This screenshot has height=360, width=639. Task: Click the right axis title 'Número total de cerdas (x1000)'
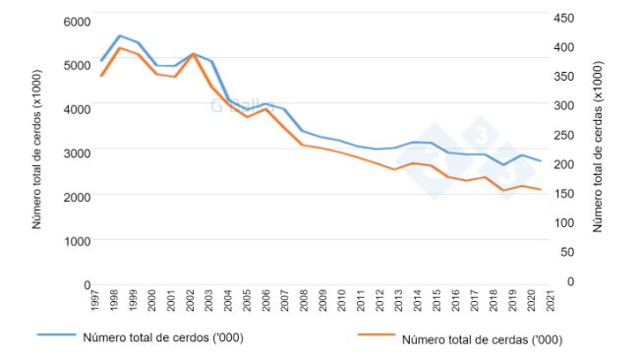(598, 147)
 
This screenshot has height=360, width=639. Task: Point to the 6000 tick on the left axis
(76, 21)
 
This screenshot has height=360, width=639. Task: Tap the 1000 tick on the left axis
(76, 240)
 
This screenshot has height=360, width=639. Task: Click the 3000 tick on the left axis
(76, 152)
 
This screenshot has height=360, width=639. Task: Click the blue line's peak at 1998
(119, 35)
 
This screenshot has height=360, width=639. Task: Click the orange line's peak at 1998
(119, 47)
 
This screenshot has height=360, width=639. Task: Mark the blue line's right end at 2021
(541, 160)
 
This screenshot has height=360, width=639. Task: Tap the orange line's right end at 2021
(541, 189)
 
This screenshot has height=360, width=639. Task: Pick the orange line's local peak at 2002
(194, 53)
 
